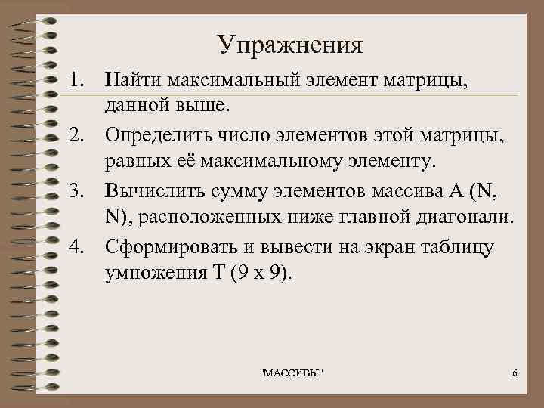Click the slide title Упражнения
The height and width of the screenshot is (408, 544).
pyautogui.click(x=290, y=45)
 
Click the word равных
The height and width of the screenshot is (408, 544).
pyautogui.click(x=139, y=162)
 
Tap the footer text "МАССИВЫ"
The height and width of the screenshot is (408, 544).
pyautogui.click(x=291, y=376)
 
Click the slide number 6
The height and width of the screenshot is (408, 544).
pyautogui.click(x=514, y=376)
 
